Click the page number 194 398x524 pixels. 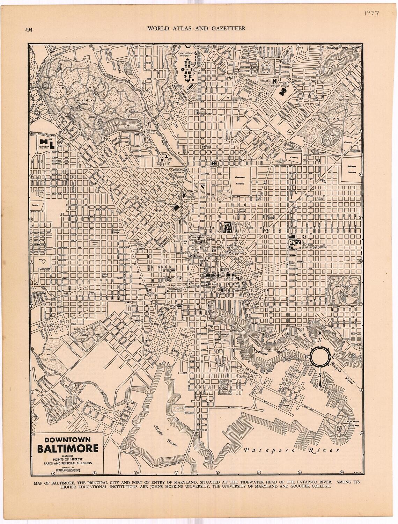29,29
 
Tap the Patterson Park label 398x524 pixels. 345,289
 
